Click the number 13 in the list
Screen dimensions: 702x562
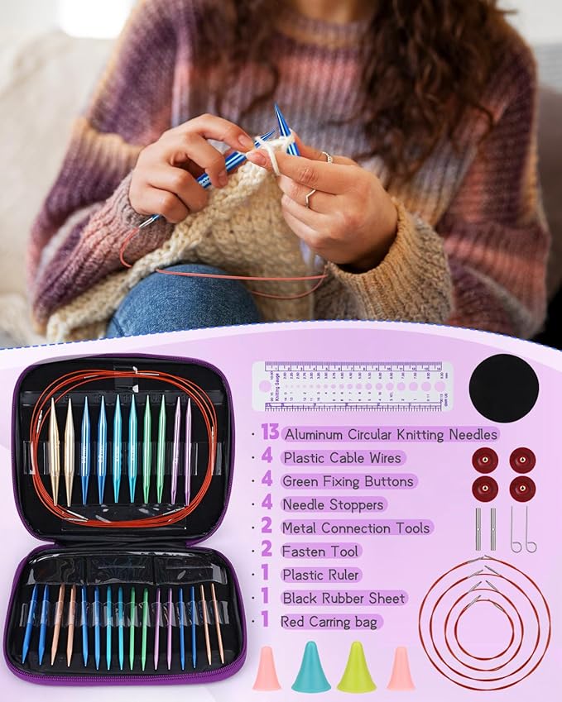pos(268,432)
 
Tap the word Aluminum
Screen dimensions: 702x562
pos(316,434)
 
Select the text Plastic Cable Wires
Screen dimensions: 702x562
pos(341,457)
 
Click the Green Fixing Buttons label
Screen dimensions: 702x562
pos(348,480)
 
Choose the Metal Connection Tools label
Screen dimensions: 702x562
pos(355,528)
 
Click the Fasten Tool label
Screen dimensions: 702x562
pos(320,551)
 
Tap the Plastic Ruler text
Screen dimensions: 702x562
pos(320,574)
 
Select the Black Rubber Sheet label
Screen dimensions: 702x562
pos(343,597)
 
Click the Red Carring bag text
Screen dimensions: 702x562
pos(330,621)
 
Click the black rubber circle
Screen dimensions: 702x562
pos(503,388)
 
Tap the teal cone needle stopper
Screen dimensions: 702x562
pos(310,667)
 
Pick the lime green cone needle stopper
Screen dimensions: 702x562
pos(356,667)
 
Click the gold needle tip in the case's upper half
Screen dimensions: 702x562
pos(55,447)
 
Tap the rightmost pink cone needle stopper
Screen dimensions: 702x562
pos(401,668)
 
